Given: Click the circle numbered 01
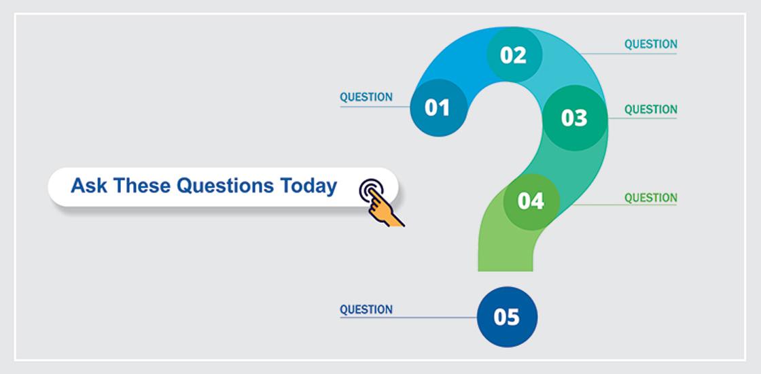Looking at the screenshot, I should (437, 107).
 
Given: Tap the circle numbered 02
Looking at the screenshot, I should (514, 54).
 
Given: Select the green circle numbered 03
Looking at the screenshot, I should (574, 118).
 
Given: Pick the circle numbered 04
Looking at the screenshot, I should (531, 201).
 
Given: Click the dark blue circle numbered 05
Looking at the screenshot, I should (507, 317).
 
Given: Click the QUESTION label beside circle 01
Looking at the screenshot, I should (366, 97).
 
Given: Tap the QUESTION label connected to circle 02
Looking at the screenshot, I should (650, 44).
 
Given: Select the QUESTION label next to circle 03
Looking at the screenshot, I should (650, 109).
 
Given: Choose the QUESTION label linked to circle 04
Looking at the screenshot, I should (650, 198).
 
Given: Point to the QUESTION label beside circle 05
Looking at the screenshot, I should (366, 309).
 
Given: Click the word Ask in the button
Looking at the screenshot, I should (89, 186).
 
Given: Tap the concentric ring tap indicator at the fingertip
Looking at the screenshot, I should (370, 189).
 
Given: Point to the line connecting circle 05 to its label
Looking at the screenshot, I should (435, 318).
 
